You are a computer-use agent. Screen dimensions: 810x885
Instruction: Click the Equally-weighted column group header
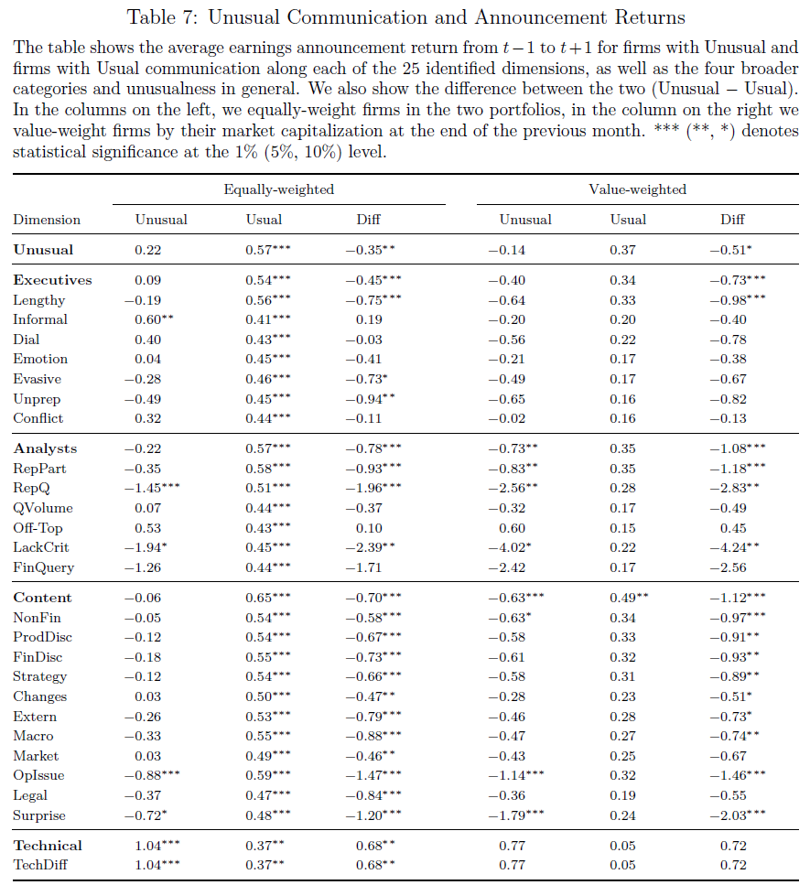click(279, 189)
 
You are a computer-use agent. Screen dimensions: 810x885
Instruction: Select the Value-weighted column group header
click(637, 189)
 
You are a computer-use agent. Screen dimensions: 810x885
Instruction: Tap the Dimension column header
click(47, 220)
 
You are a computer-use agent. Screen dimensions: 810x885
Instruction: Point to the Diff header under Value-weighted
click(732, 220)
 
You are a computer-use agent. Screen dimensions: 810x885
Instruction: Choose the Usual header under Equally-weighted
click(264, 220)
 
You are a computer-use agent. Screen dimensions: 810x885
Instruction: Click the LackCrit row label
click(40, 547)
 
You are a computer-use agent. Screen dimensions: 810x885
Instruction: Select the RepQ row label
click(32, 488)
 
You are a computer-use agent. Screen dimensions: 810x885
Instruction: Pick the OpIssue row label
click(38, 775)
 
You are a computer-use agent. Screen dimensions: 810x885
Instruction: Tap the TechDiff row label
click(40, 865)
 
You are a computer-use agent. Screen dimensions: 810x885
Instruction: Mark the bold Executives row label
click(52, 281)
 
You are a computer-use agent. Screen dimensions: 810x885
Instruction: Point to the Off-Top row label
click(38, 528)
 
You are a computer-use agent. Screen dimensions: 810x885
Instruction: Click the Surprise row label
click(39, 815)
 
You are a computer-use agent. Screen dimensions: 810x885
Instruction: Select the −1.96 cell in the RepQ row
click(373, 488)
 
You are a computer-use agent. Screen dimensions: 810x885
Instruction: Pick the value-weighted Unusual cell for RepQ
click(513, 488)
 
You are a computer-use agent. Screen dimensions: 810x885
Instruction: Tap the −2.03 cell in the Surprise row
click(738, 815)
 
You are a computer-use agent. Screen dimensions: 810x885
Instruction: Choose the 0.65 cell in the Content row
click(268, 598)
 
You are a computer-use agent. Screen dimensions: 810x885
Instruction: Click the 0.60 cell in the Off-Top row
click(512, 528)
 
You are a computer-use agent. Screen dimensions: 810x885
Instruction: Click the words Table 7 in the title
click(162, 17)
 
